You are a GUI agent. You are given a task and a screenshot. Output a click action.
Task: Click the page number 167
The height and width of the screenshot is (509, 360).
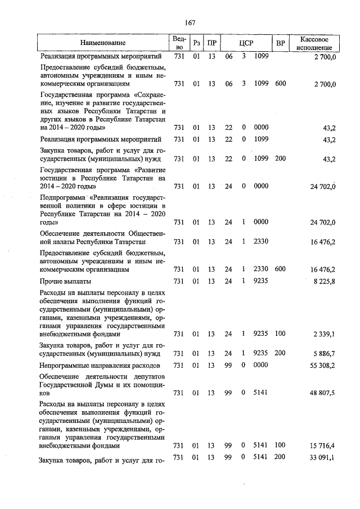coord(190,22)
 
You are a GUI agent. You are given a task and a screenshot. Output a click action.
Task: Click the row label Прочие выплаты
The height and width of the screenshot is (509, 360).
coord(65,281)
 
